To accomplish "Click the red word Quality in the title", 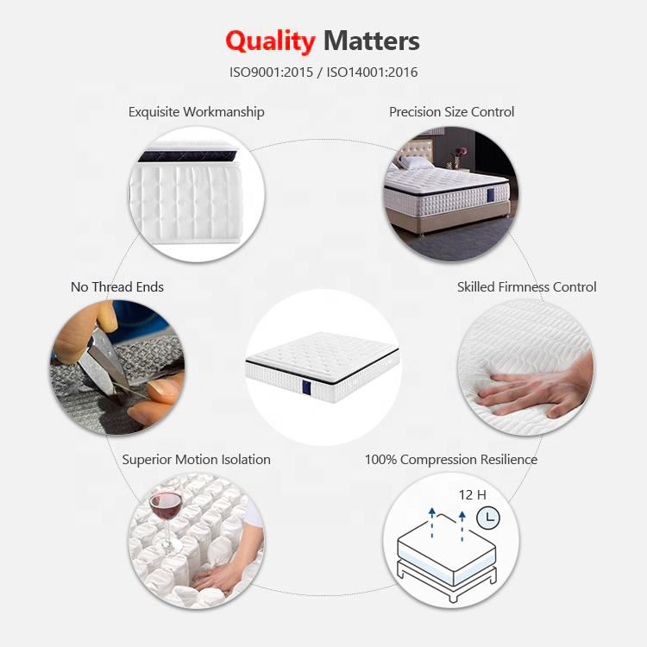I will coord(270,41).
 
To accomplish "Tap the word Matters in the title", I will coord(372,41).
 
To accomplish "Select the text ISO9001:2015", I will coord(272,72).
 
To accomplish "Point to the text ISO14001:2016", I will coord(372,72).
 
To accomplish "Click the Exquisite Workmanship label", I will coord(197,112).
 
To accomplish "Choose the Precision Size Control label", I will coord(451,112).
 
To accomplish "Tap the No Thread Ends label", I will coord(117,287).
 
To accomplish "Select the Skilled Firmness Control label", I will coord(526,287).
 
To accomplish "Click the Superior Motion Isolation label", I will coord(197,460).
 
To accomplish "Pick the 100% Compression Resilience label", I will coord(451,460).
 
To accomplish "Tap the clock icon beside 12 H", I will coord(489,518).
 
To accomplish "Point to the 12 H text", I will coord(472,495).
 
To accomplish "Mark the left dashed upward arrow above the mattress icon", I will coord(431,523).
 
